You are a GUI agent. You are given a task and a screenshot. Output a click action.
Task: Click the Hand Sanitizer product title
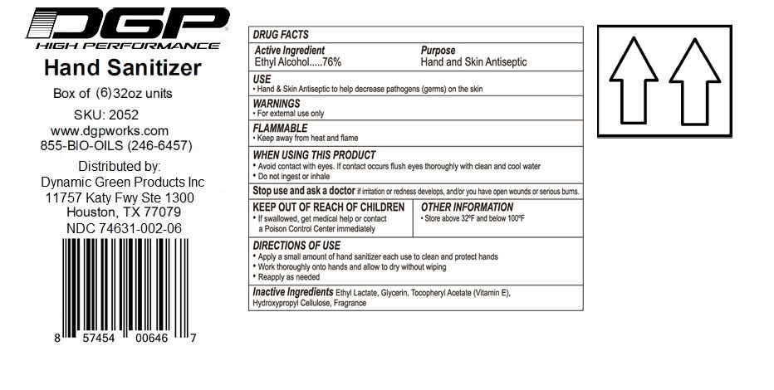[x=122, y=67]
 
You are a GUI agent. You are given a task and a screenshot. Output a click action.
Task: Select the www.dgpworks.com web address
[x=110, y=130]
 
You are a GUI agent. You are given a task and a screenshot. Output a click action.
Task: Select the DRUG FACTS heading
[x=281, y=35]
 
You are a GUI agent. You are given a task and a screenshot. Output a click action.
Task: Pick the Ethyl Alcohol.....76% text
[x=297, y=62]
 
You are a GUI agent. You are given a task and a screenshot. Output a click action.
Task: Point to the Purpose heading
[x=438, y=51]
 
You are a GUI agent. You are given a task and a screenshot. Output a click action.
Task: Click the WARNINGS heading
[x=277, y=104]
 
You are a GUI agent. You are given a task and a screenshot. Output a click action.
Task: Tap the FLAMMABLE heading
[x=280, y=129]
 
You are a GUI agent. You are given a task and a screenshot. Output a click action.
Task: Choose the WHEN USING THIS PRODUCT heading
[x=314, y=155]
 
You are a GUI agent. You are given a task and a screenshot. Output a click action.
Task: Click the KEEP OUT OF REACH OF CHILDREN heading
[x=329, y=207]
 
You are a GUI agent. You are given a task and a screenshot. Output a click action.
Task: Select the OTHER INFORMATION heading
[x=467, y=207]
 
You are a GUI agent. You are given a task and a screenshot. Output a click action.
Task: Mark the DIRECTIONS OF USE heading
[x=296, y=246]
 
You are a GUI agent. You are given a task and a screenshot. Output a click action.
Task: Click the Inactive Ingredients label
[x=293, y=293]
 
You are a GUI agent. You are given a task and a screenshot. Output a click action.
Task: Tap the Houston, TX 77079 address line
[x=124, y=212]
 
